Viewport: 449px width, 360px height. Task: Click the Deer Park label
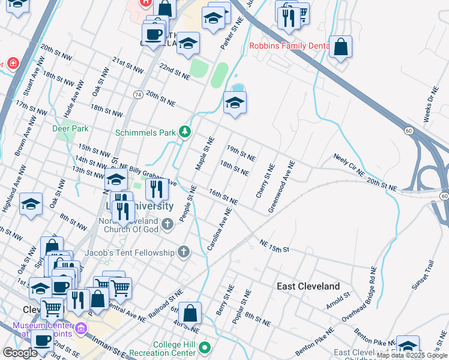click(71, 128)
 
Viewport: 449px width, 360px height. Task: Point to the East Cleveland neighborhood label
click(308, 286)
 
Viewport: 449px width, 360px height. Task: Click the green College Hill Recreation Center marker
click(205, 347)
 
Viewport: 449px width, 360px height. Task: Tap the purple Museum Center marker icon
click(81, 329)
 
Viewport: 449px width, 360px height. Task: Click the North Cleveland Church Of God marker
click(167, 224)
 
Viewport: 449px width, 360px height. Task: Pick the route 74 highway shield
click(137, 95)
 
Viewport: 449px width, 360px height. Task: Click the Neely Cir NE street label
click(349, 164)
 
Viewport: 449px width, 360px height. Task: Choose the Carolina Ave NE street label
click(219, 230)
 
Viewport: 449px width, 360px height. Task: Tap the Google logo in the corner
click(20, 353)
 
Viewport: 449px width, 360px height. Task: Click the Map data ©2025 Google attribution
click(412, 356)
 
